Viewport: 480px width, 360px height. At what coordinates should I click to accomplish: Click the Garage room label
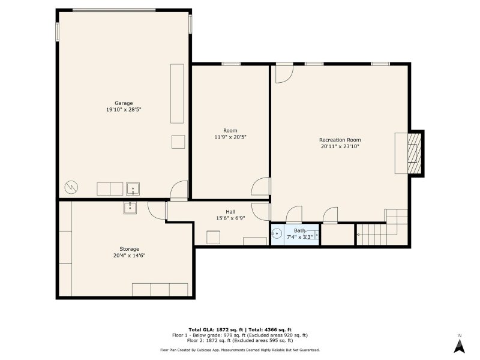tap(124, 103)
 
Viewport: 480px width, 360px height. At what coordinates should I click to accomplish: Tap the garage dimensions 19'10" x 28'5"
tap(124, 110)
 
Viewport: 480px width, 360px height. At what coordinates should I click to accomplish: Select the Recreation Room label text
tap(340, 140)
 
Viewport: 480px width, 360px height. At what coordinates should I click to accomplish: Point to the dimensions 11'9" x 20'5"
tap(230, 137)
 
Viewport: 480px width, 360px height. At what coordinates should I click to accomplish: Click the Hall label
tap(230, 212)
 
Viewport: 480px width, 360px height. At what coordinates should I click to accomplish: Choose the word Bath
tap(299, 230)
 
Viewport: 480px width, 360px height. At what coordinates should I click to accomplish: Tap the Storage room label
tap(129, 249)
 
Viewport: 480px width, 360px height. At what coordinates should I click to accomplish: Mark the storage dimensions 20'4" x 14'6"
tap(129, 256)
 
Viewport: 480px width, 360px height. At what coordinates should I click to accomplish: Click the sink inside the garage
tap(133, 190)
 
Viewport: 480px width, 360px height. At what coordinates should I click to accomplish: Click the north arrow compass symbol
tap(459, 345)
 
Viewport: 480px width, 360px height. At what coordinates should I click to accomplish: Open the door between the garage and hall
tap(178, 192)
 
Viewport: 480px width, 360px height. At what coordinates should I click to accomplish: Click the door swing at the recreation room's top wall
tap(284, 73)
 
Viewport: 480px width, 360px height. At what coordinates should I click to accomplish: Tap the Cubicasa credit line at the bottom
tap(239, 350)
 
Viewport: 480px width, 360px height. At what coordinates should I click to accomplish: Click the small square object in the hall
tap(214, 238)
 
